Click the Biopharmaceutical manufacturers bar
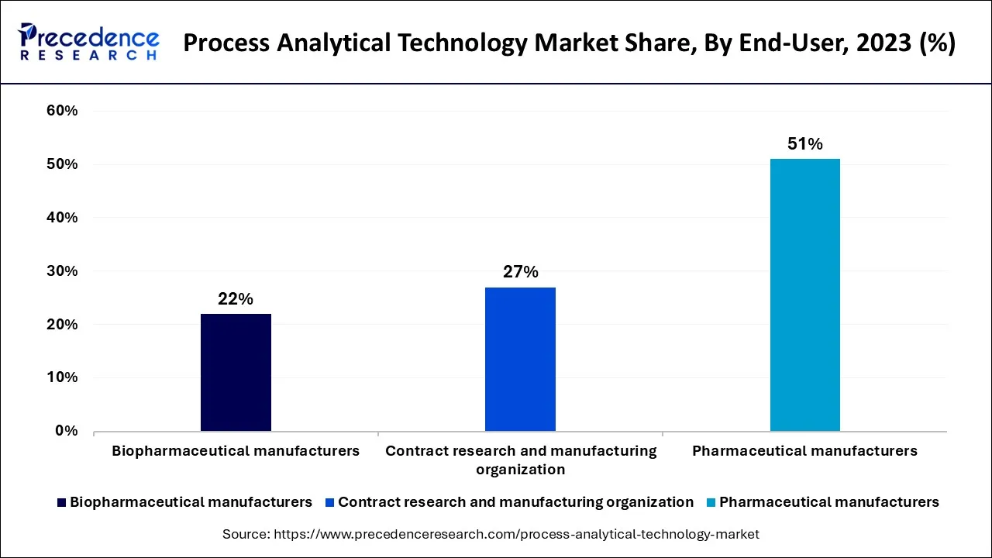point(236,372)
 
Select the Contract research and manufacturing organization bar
point(520,359)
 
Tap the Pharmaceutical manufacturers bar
point(804,294)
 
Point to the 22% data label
point(236,299)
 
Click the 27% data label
point(520,272)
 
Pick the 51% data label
point(804,144)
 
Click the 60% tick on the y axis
point(62,111)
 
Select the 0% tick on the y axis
point(67,431)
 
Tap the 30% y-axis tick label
point(62,271)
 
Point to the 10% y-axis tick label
point(62,377)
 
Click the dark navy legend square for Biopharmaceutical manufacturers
point(61,502)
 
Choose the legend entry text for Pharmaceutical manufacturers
point(828,502)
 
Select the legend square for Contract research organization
point(329,502)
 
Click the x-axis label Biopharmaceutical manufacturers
point(236,450)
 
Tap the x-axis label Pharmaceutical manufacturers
point(804,450)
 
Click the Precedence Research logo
point(89,42)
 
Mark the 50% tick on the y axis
point(62,164)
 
